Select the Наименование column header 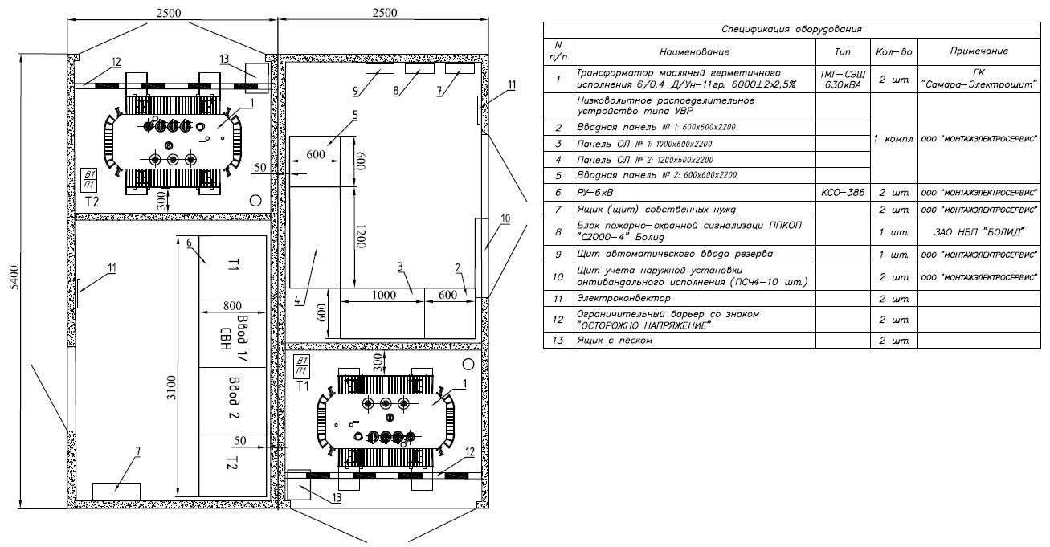pos(694,51)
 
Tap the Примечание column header pos(979,51)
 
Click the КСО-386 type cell pos(843,193)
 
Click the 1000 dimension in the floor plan pos(382,295)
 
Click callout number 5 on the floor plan pos(354,116)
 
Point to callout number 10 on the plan pos(505,218)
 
